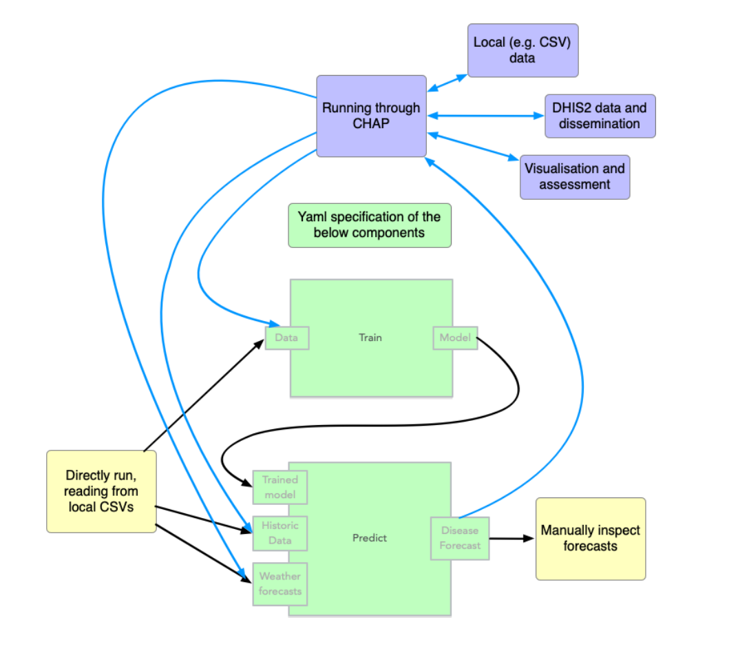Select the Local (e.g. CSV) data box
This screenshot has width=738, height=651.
coord(523,50)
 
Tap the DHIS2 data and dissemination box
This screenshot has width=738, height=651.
coord(600,116)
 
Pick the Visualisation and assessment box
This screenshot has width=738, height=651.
coord(574,177)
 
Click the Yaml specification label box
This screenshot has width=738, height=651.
coord(369,225)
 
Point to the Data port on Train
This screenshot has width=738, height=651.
coord(287,338)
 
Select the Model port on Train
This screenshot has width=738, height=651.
coord(454,338)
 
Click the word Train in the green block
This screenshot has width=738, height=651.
coord(370,338)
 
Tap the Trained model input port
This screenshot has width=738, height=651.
coord(280,487)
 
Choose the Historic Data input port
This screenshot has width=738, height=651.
coord(280,533)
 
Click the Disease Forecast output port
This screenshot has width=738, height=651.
coord(460,538)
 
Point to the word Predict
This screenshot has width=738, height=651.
coord(370,537)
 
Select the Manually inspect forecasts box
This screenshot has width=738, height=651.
coord(590,538)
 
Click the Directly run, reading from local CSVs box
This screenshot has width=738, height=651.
coord(101,491)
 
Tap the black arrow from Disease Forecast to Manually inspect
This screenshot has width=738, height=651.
coord(512,538)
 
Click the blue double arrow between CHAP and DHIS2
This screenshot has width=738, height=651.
coord(486,116)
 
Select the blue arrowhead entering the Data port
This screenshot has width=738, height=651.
coord(271,324)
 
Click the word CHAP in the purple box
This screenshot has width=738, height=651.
coord(371,123)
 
